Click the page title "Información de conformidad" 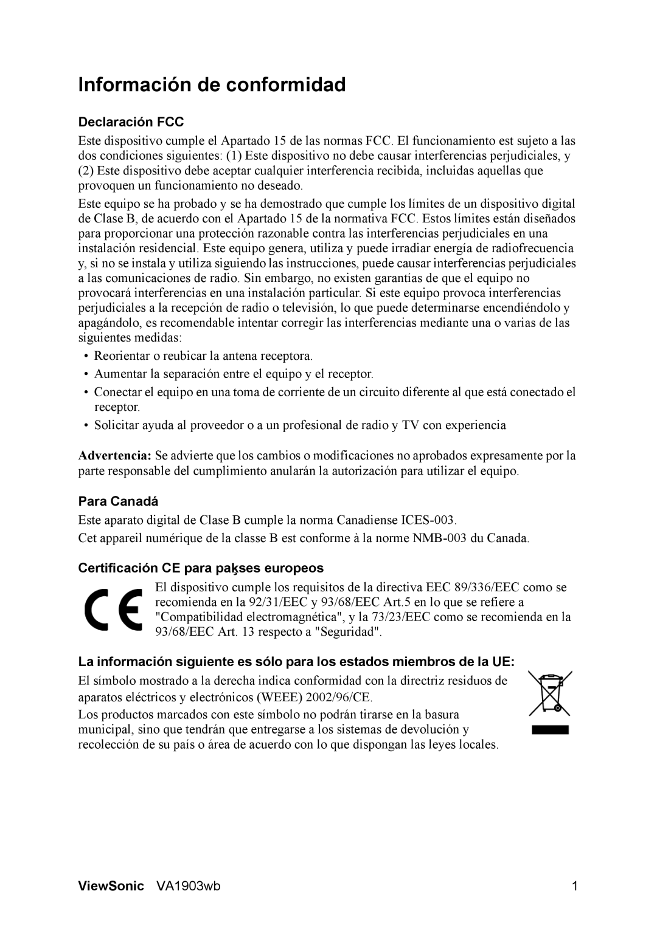212,85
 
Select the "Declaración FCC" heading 131,122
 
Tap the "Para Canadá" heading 118,501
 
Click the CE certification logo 114,610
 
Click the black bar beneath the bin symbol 549,730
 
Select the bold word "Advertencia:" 116,455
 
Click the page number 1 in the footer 574,887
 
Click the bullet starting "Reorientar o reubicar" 204,355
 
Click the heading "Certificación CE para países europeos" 201,568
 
